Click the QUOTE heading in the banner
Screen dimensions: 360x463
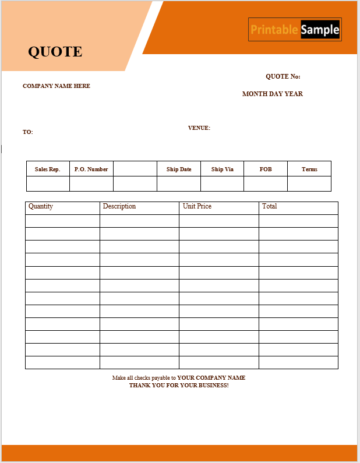tap(55, 52)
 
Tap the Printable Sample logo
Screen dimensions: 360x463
tap(295, 30)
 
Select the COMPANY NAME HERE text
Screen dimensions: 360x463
tap(57, 86)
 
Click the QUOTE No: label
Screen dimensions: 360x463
tap(283, 77)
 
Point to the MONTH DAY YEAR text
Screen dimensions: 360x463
tap(272, 94)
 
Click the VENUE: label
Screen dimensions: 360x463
tap(199, 128)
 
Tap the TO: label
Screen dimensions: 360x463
tap(28, 132)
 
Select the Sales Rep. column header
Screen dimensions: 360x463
tap(48, 169)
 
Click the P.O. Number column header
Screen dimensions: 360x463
tap(91, 169)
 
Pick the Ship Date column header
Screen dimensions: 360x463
tap(179, 169)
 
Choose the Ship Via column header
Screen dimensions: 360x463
tap(222, 169)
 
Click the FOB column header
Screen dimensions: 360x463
tap(266, 169)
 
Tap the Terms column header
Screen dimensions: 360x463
tap(309, 169)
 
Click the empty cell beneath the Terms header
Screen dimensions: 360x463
tap(309, 184)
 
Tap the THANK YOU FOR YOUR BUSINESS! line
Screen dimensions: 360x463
tap(179, 386)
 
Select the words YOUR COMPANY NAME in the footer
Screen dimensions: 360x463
tap(211, 378)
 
